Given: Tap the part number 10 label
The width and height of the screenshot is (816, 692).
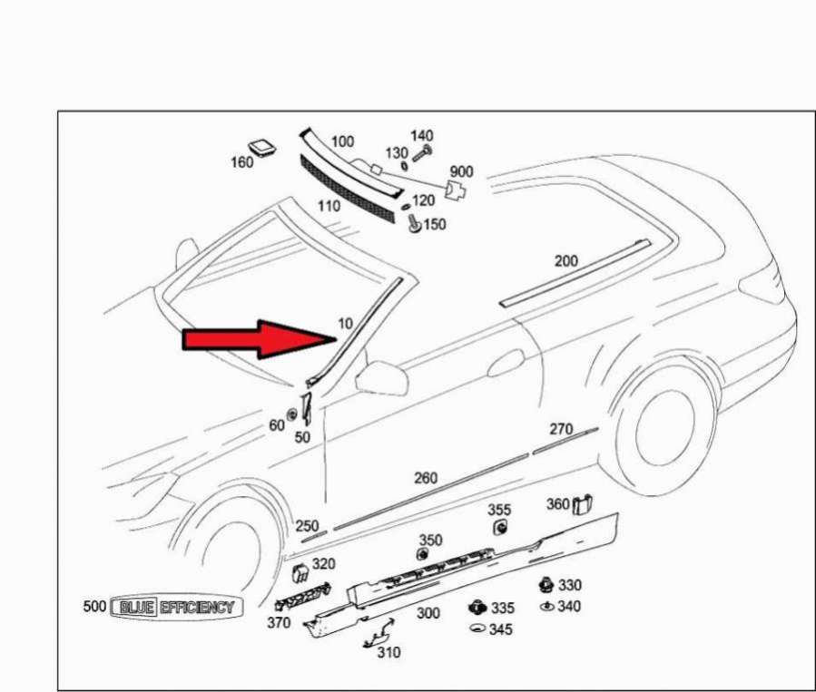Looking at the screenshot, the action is coord(346,324).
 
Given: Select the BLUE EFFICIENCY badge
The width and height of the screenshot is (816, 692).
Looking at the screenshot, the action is coord(176,607).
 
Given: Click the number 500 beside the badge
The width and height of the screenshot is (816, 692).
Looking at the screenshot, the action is coord(94,606).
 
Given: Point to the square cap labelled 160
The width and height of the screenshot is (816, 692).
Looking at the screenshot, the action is coord(261,147).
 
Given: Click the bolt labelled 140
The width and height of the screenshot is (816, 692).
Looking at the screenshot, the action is coord(422,153).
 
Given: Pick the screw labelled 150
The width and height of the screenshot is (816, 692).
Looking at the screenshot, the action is coord(414,223).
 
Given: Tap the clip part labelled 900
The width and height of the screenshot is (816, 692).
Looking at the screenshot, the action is coord(456,190).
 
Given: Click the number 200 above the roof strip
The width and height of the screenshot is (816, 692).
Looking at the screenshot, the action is coord(566,260).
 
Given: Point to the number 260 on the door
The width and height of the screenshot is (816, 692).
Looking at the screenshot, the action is coord(426,478).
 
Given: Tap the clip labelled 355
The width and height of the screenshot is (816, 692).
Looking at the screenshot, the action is coord(501,528).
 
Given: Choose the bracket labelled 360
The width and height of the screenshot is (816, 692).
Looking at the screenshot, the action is coord(583,503).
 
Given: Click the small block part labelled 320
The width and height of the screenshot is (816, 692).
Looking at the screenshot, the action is coord(300,573).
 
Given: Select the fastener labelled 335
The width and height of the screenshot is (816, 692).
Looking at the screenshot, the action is coord(477,608).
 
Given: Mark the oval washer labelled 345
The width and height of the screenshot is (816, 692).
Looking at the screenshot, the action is coord(477,629).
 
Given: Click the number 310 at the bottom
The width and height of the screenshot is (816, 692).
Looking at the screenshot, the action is coord(388,652).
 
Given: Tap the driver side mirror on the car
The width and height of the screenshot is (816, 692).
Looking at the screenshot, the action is coord(381,377).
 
